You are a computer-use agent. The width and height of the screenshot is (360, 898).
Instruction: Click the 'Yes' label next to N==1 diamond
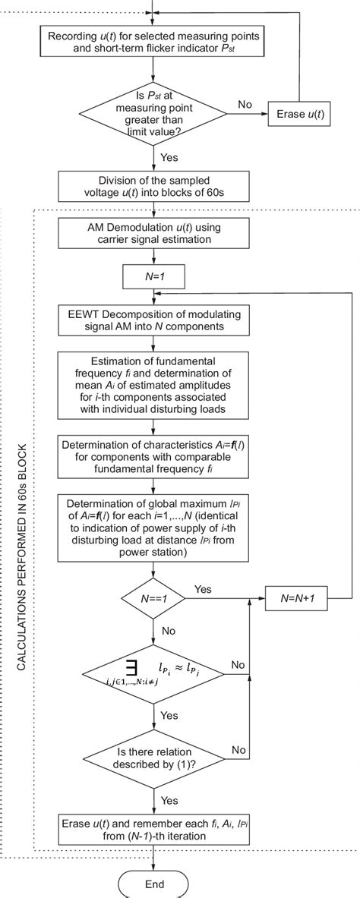[204, 588]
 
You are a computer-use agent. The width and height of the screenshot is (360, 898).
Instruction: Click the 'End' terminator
[153, 884]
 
